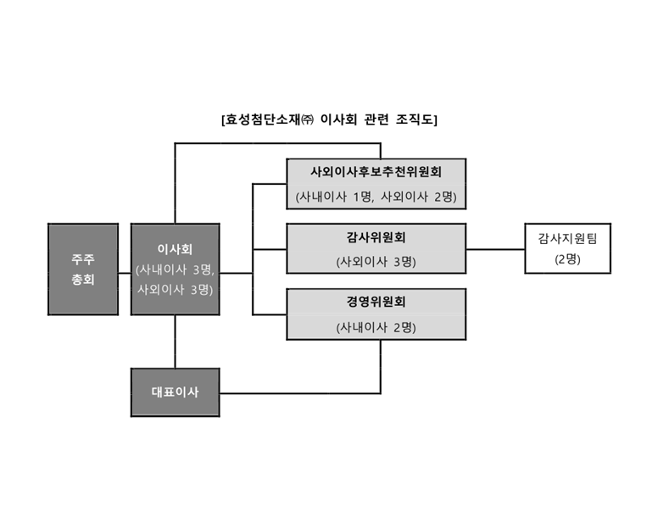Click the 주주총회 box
83,269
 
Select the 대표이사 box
175,392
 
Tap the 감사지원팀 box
567,248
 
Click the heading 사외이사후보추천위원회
376,172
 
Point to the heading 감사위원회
376,237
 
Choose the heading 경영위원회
376,303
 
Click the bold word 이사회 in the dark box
175,249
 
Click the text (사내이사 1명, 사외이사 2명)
376,197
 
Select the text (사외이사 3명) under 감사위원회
376,261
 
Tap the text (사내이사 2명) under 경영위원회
376,326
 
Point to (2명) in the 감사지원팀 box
567,259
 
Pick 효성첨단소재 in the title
263,119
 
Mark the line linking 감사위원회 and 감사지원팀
495,249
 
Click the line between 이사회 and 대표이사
175,343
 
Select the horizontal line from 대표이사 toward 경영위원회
297,393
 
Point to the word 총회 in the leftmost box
83,280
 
